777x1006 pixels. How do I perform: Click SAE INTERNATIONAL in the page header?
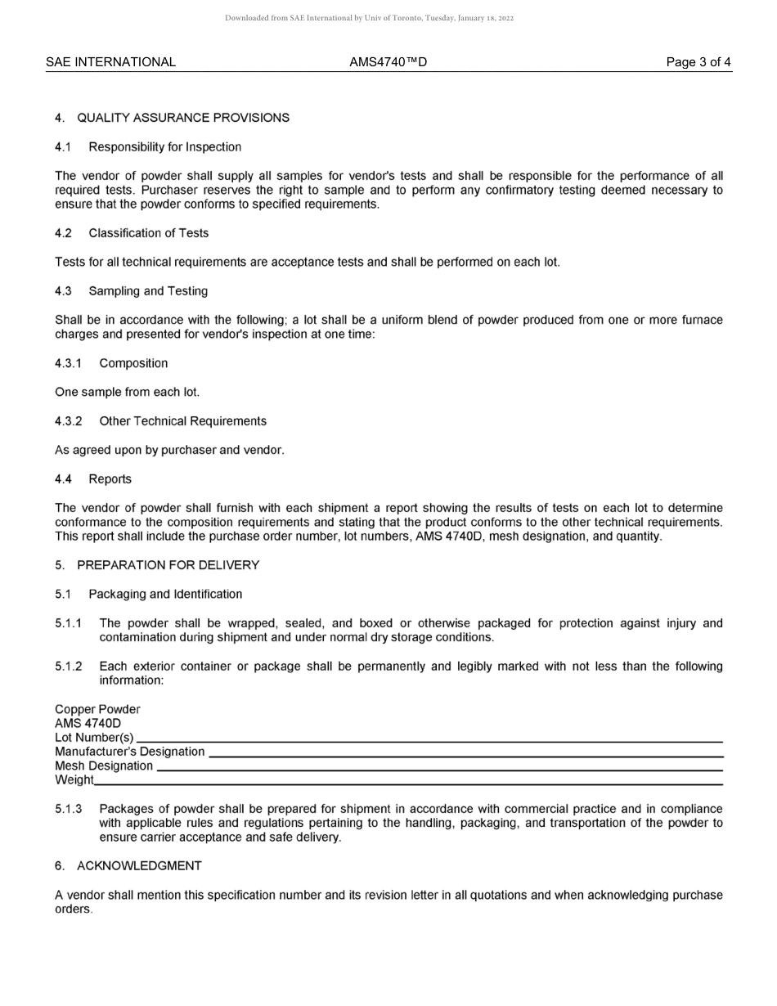110,62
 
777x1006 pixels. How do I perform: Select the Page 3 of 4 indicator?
698,62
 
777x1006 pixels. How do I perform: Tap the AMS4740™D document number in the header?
388,62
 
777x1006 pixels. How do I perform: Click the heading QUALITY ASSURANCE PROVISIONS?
183,118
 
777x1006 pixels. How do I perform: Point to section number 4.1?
63,147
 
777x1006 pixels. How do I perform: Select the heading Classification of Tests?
148,233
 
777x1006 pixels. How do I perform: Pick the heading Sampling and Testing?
148,291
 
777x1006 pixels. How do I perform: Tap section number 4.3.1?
69,363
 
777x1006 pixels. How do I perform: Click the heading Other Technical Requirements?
182,421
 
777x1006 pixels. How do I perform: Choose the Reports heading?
110,479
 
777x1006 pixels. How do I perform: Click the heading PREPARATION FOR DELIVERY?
168,565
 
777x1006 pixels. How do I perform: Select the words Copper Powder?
97,709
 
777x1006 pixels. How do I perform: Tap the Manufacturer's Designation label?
129,752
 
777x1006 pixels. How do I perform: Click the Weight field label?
74,780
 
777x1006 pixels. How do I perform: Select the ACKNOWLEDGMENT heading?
139,865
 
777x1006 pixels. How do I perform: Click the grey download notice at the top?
369,18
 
